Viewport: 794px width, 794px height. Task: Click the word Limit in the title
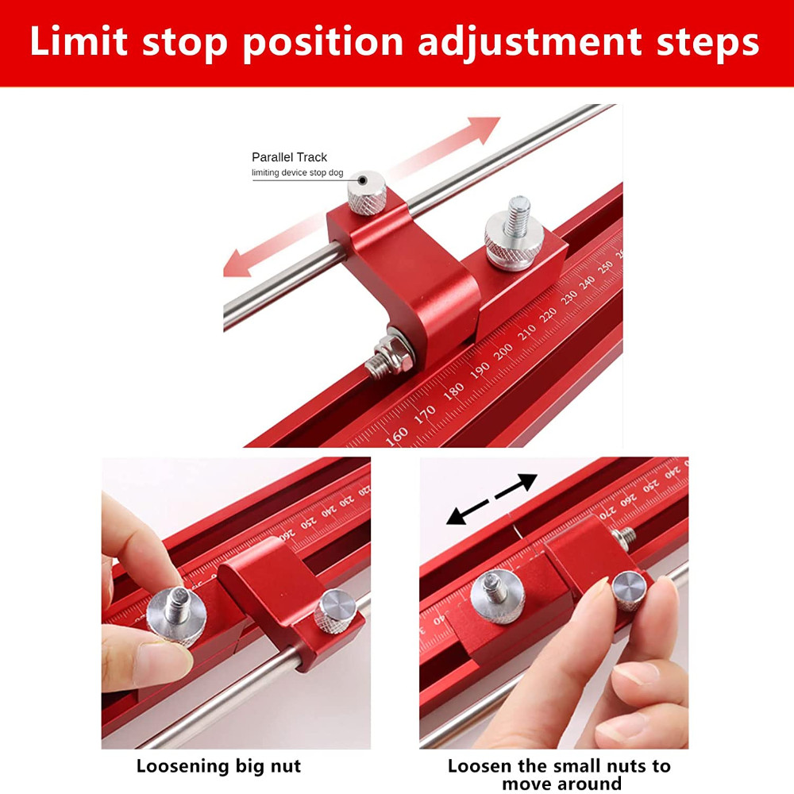coord(79,42)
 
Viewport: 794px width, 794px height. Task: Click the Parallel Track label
coord(289,157)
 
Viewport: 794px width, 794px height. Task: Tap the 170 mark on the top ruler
coord(426,413)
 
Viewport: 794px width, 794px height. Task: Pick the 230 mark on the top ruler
coord(569,298)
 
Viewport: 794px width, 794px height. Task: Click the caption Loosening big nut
coord(218,766)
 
